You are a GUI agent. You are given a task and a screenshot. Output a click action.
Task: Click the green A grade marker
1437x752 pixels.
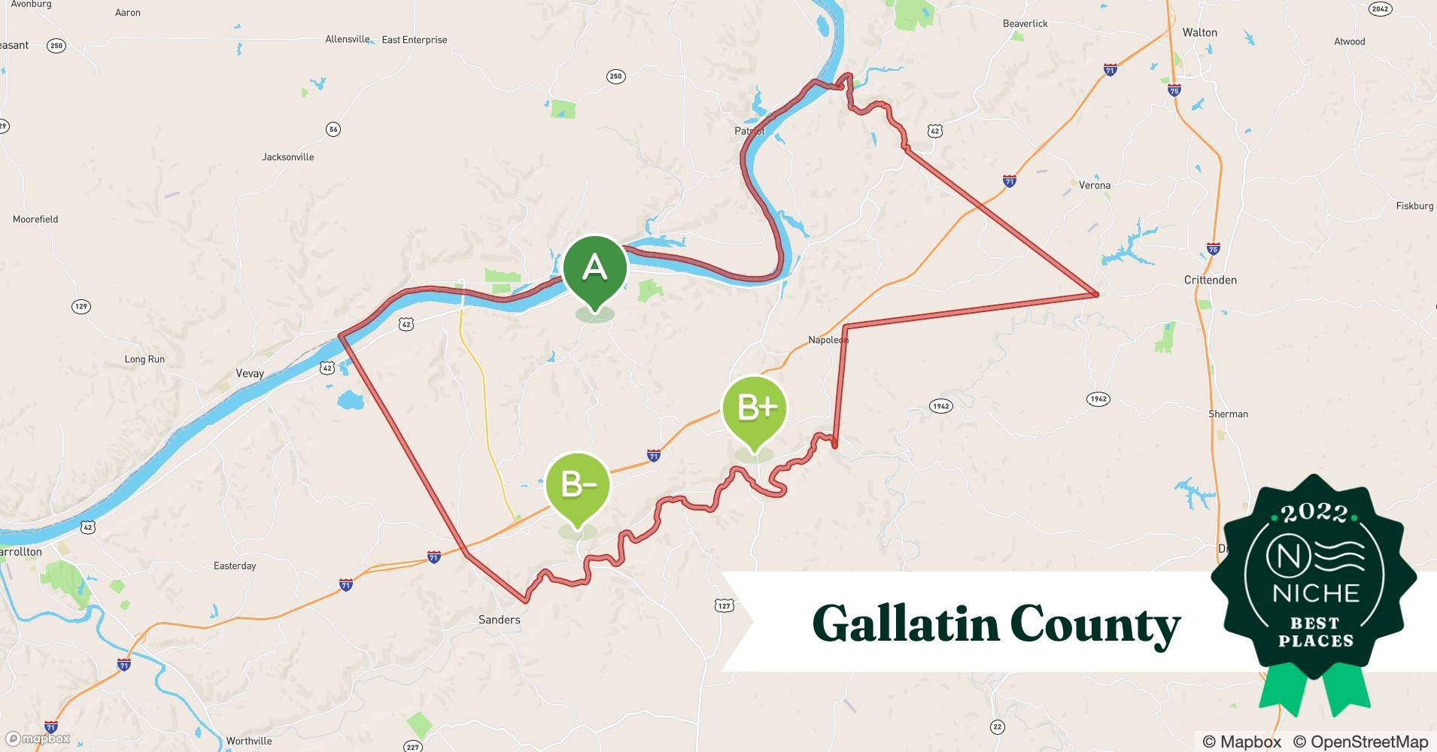point(595,268)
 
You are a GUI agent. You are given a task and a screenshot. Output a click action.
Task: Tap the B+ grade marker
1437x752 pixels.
point(754,408)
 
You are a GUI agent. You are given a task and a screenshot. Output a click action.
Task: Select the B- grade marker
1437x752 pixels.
point(578,485)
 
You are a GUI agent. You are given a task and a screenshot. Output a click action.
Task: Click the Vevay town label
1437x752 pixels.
point(250,374)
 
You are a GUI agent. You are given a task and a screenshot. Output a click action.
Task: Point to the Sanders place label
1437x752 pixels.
point(499,620)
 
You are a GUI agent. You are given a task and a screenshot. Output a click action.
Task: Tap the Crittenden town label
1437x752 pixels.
point(1210,280)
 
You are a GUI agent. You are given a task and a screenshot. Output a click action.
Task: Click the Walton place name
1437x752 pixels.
point(1199,32)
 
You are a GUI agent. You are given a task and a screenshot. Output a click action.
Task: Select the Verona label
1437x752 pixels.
point(1094,185)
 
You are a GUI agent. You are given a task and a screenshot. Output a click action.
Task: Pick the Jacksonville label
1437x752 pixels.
point(287,157)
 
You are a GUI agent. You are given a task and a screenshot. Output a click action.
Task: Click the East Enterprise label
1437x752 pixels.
point(414,40)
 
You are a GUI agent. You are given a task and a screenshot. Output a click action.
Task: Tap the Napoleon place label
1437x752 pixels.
point(828,340)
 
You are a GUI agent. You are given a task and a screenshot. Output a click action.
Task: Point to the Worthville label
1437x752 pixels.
point(249,741)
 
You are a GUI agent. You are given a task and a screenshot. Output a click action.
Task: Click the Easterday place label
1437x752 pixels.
point(235,566)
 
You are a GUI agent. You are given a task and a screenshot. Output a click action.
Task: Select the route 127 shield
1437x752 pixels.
point(724,605)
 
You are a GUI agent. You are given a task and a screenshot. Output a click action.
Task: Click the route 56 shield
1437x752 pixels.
point(333,129)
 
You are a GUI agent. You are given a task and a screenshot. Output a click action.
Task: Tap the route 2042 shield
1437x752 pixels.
point(1380,9)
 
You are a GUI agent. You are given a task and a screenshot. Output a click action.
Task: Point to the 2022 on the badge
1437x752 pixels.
point(1314,514)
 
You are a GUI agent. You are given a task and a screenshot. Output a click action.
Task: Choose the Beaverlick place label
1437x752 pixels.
point(1025,23)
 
